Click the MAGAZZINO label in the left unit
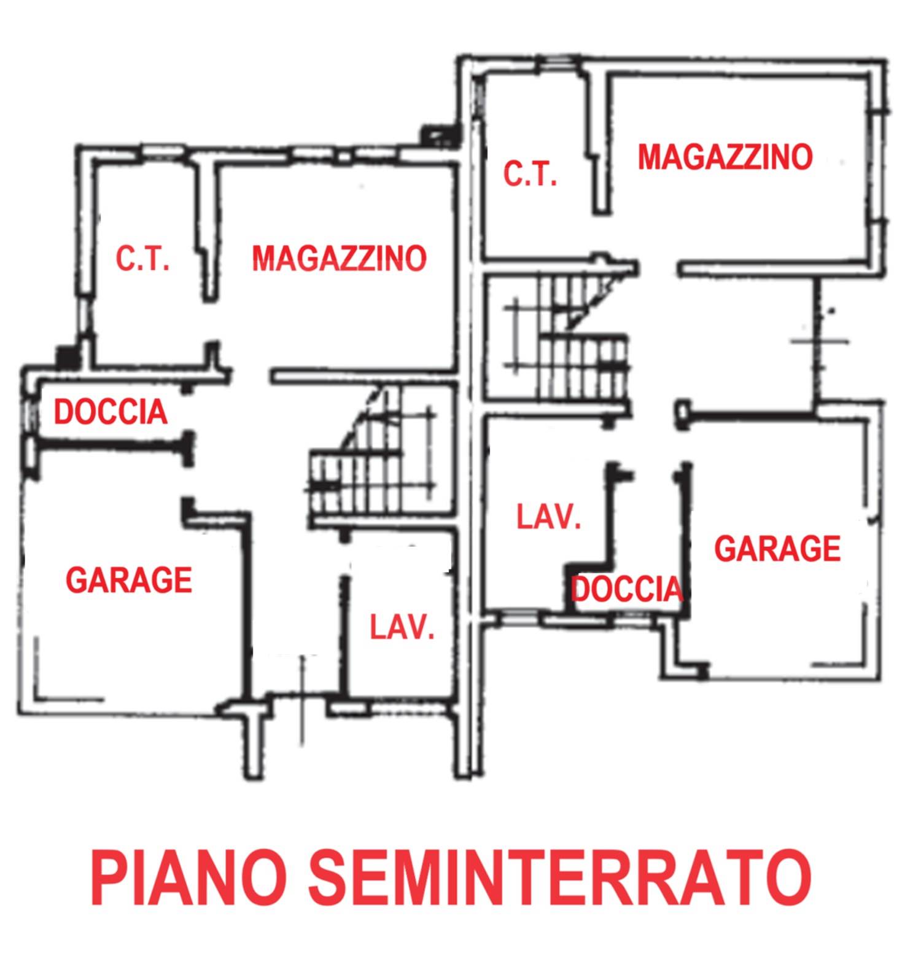click(x=339, y=258)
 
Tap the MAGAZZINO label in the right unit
click(x=725, y=157)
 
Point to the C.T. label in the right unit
click(x=530, y=174)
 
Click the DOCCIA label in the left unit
click(x=111, y=412)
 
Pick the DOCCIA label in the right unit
click(x=627, y=589)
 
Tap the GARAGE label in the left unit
click(x=129, y=580)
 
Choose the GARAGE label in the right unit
click(x=777, y=549)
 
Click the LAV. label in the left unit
click(x=402, y=628)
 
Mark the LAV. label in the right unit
click(x=548, y=517)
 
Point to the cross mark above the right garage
click(x=820, y=341)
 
